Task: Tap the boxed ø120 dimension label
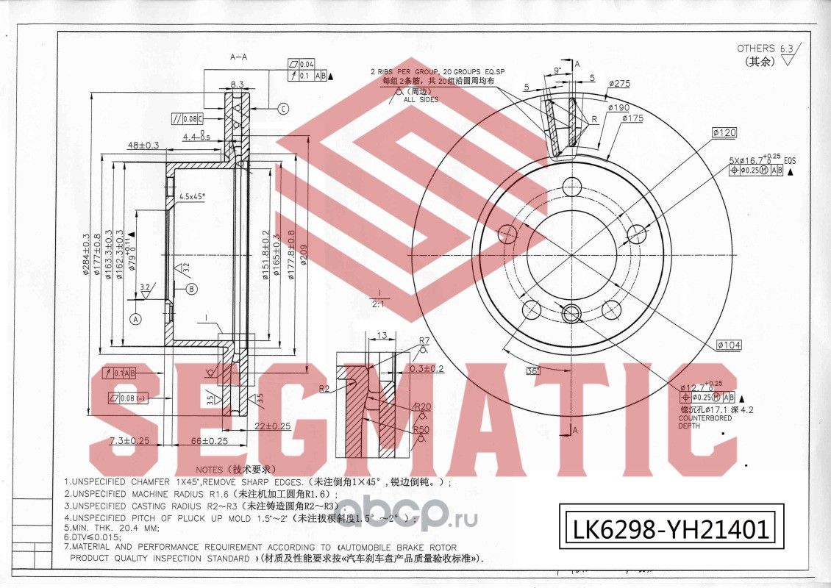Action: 724,133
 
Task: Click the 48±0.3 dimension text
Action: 143,146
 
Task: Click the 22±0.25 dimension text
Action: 272,426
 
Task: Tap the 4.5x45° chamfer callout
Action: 193,196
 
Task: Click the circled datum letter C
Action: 283,109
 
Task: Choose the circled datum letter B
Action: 191,289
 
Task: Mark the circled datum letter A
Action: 135,319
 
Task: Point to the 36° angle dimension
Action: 533,370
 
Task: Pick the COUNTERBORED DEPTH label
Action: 705,422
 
